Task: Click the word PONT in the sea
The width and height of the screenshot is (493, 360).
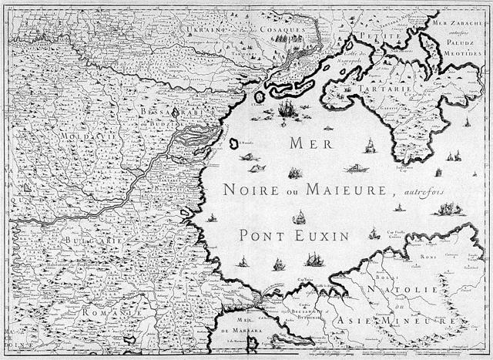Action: click(261, 234)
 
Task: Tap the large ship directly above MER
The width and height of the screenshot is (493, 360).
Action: click(287, 109)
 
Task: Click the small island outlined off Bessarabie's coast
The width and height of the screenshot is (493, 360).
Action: click(233, 143)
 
